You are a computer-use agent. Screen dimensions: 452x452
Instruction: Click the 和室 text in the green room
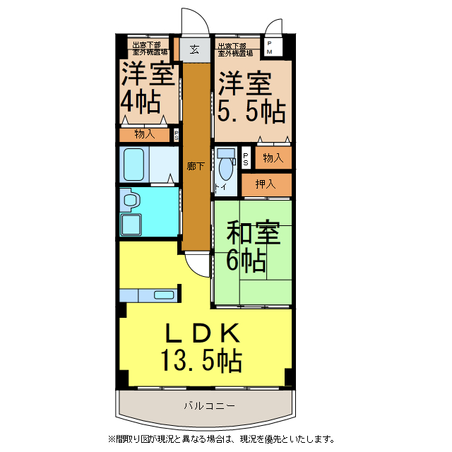tap(252, 234)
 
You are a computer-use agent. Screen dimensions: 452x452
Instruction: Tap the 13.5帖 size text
tap(201, 361)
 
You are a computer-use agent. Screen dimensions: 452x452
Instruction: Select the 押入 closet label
tap(266, 184)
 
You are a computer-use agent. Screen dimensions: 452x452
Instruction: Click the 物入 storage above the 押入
tap(273, 157)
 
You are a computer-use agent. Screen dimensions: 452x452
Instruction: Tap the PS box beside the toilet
tap(245, 157)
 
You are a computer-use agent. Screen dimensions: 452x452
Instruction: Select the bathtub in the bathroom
tap(135, 165)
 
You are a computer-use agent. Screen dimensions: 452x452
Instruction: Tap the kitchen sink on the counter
tap(164, 295)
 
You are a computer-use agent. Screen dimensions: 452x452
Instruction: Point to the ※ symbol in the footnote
tap(111, 439)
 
